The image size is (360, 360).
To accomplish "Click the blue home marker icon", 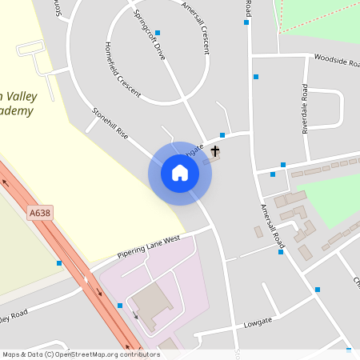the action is (180, 173).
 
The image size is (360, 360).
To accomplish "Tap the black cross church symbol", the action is (215, 150).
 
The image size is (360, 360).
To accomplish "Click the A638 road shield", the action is (39, 214).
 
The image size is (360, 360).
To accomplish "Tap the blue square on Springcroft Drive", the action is (158, 33).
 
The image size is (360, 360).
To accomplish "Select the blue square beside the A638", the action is (59, 262).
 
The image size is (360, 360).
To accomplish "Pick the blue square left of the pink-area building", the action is (120, 306).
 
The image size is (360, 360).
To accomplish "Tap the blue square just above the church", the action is (222, 135).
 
